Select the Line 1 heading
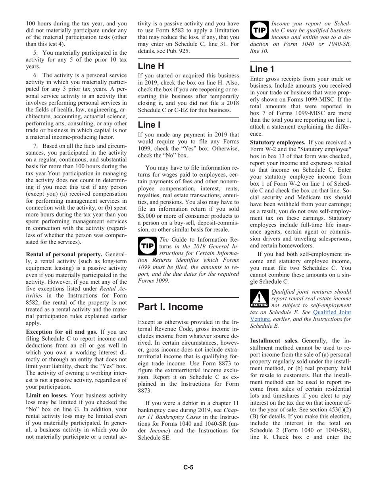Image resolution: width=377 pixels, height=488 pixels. [x=262, y=69]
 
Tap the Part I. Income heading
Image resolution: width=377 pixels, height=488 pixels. [x=170, y=307]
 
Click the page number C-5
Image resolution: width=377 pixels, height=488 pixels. [x=188, y=467]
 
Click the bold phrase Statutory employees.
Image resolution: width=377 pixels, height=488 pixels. [x=277, y=142]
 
